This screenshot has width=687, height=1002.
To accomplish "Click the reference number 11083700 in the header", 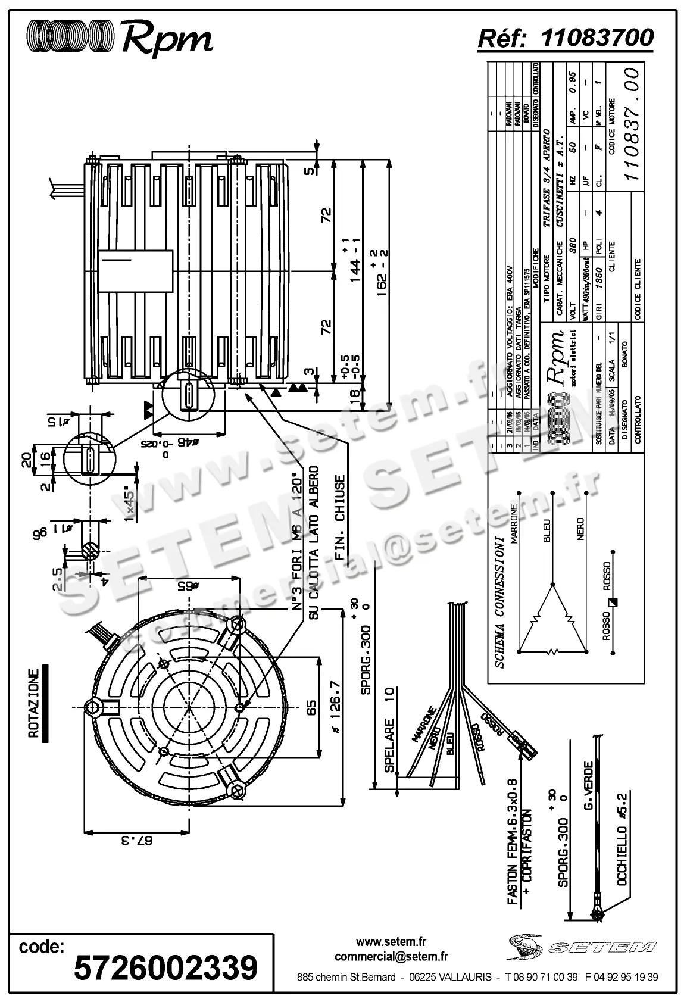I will click(x=597, y=38).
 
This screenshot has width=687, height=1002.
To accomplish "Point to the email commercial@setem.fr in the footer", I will click(x=392, y=956).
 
